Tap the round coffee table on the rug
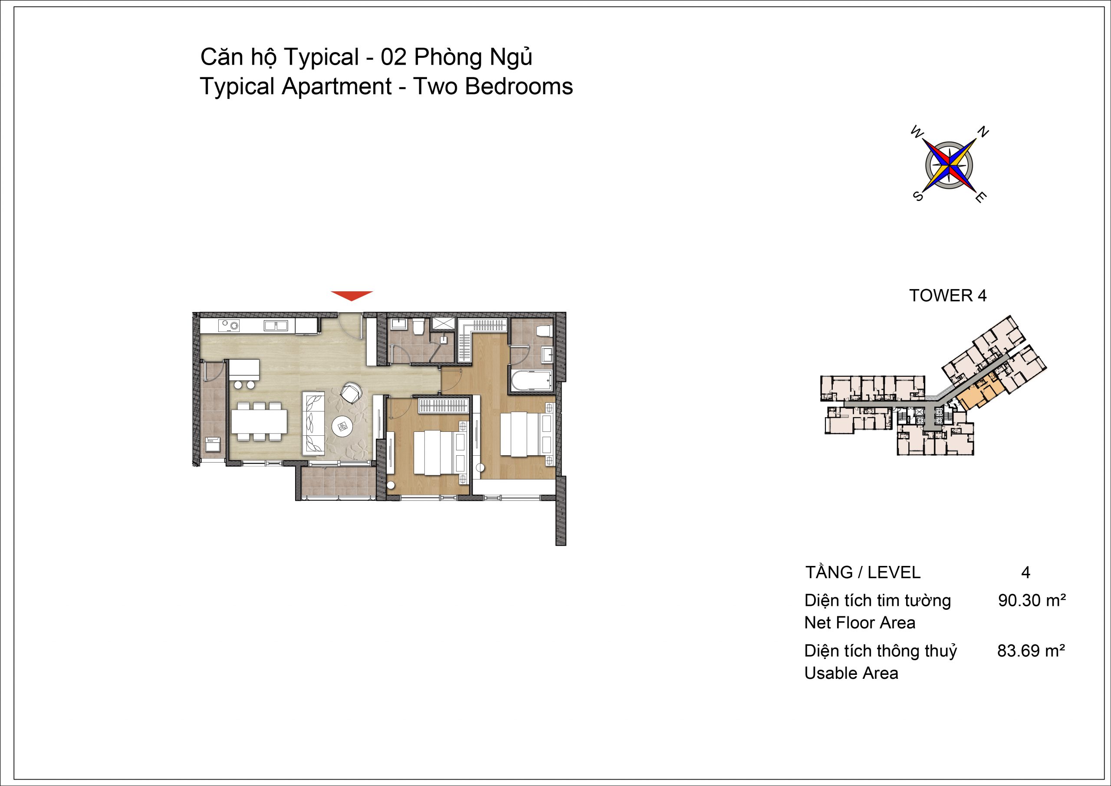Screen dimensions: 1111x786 click(344, 426)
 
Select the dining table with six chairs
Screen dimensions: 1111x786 click(259, 421)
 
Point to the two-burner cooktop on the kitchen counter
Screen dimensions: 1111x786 click(230, 326)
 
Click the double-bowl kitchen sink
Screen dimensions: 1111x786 click(276, 326)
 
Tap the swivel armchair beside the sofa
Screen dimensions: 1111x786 click(350, 391)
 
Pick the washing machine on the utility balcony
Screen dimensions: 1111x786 click(214, 444)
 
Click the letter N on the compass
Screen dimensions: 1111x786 click(984, 132)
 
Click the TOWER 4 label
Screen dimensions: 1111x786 click(948, 295)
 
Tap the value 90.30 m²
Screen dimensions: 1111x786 click(1032, 601)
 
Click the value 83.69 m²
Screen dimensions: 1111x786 click(1031, 651)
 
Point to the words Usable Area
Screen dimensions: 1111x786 click(851, 673)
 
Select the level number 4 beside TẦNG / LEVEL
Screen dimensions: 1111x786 click(1026, 572)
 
